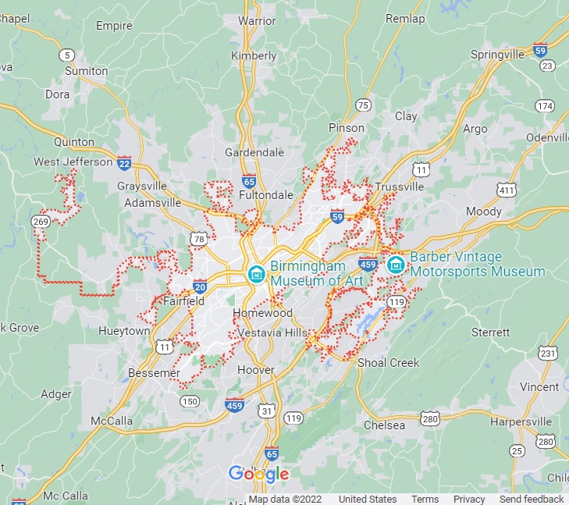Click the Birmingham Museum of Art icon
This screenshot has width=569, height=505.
(x=256, y=273)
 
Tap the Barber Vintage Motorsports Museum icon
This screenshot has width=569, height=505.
(x=396, y=265)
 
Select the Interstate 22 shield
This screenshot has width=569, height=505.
(x=124, y=162)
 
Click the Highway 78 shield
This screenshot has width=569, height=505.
(x=199, y=238)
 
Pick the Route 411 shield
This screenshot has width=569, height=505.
(x=507, y=190)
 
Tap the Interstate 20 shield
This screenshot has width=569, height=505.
(x=200, y=286)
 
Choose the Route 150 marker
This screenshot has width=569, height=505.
(x=188, y=401)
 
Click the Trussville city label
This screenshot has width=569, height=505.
(x=399, y=187)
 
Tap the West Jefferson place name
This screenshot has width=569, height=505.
(x=73, y=162)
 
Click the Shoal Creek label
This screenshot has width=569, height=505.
(x=388, y=363)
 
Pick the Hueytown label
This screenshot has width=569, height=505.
(x=124, y=331)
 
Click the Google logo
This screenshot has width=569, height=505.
(x=258, y=474)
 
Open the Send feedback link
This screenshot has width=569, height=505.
(x=531, y=500)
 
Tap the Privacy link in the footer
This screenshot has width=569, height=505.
(x=469, y=500)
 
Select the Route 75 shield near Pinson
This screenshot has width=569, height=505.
(x=362, y=105)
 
